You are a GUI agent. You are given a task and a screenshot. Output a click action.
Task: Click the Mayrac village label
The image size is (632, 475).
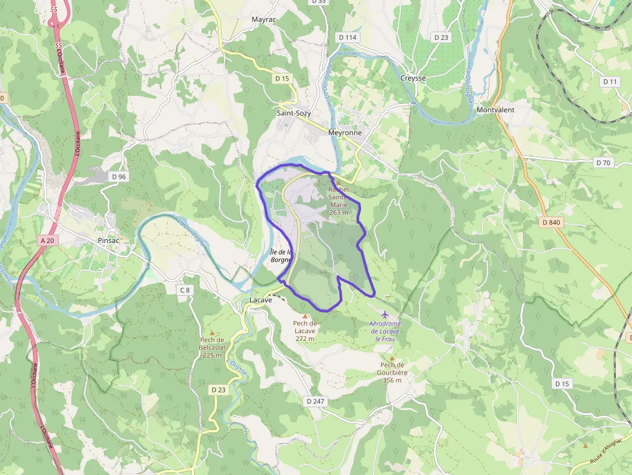tap(263, 20)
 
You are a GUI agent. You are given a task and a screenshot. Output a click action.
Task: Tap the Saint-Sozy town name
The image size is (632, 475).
tap(293, 113)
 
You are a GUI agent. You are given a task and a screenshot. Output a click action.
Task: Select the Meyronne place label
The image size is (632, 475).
tap(345, 133)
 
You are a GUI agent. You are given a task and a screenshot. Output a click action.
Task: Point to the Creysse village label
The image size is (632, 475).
tap(413, 78)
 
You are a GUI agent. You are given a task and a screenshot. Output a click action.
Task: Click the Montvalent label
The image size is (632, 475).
tap(495, 110)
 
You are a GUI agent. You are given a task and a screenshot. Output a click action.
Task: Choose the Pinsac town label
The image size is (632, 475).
tap(108, 240)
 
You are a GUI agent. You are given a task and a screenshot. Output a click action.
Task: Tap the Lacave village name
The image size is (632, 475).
tap(261, 300)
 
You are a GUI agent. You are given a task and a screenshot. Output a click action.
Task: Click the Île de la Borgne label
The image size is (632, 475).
tap(281, 257)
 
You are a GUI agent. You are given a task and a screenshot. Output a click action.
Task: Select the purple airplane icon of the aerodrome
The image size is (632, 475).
tap(386, 314)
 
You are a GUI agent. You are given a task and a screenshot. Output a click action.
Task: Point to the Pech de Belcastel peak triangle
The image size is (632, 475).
tap(211, 333)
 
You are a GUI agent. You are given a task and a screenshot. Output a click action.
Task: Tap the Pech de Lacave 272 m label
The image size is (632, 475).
tap(305, 331)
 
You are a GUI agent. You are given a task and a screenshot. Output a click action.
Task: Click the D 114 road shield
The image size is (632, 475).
tap(348, 37)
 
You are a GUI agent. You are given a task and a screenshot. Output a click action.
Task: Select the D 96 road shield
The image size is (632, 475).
tap(119, 177)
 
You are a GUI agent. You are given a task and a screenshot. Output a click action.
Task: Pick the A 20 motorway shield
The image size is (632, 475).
tap(47, 240)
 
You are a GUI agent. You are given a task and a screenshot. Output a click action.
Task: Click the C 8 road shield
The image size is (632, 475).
tap(185, 290)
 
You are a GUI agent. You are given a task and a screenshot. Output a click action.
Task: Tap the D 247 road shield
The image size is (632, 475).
tap(315, 401)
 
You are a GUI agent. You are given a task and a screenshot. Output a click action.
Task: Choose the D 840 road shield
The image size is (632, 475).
tap(552, 222)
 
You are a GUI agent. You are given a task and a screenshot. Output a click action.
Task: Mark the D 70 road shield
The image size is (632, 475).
tap(603, 162)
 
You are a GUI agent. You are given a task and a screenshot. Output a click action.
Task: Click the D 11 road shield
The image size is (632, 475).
tap(609, 82)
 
